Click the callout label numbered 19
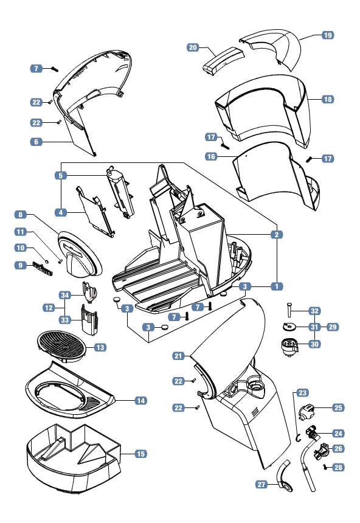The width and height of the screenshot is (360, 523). [328, 35]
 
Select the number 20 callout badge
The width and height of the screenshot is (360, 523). [193, 47]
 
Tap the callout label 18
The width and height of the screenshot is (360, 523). [328, 99]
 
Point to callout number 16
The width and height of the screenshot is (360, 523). [211, 156]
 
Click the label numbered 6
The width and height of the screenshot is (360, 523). [36, 142]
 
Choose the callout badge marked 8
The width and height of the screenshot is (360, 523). [20, 215]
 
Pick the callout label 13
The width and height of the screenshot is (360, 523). [100, 348]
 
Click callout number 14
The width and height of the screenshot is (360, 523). [141, 401]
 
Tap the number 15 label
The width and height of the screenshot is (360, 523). [141, 454]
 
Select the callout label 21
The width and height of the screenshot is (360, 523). [179, 356]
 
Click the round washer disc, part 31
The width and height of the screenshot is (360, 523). [288, 327]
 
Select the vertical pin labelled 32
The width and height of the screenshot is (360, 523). [289, 310]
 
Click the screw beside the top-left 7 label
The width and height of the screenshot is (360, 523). [55, 69]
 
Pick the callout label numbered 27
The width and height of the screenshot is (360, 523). [261, 484]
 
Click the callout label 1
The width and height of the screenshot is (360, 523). [277, 286]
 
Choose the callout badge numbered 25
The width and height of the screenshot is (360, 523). [338, 407]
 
